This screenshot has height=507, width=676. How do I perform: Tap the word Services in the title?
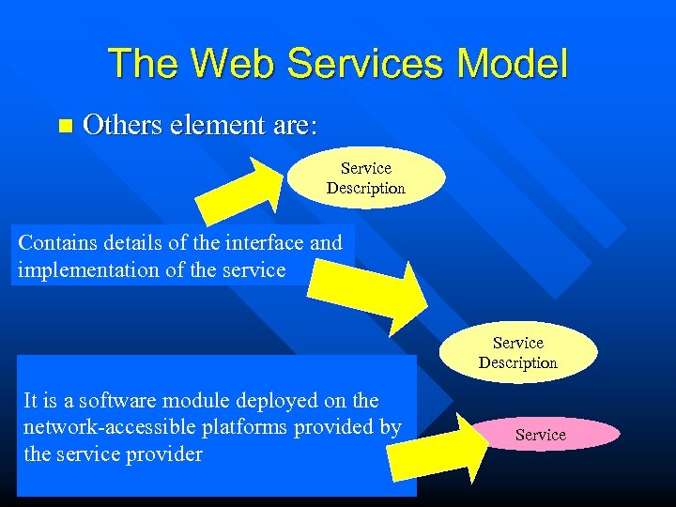[361, 64]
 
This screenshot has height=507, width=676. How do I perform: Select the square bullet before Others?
[64, 126]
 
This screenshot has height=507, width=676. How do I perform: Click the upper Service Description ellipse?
[366, 177]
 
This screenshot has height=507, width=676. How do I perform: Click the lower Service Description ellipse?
[517, 353]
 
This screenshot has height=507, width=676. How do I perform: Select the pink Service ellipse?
[541, 435]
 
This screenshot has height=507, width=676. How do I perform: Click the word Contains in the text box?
[55, 242]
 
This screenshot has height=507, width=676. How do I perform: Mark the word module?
[186, 400]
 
